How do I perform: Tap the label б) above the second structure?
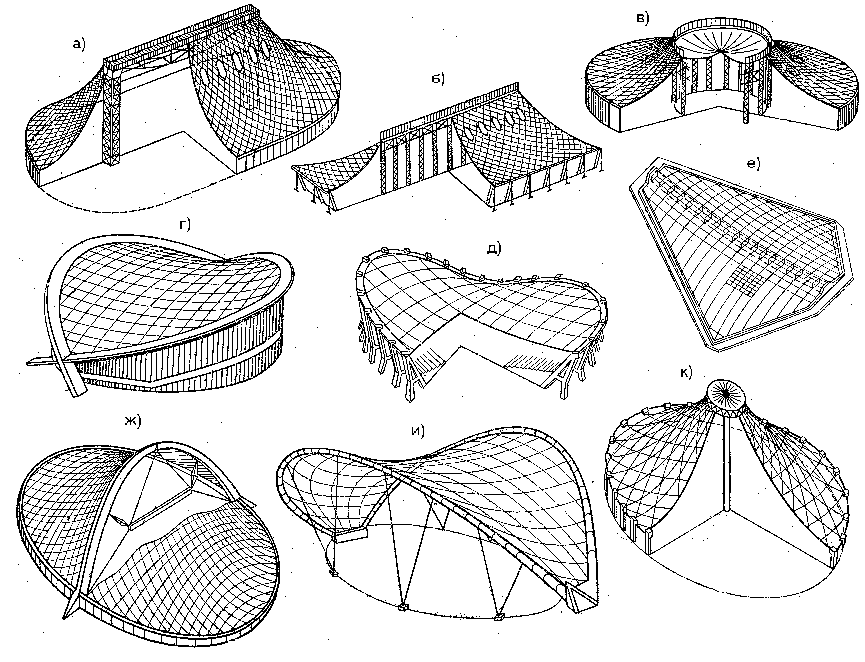(437, 79)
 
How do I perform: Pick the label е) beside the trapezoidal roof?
(753, 163)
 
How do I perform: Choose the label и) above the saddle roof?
(418, 431)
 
